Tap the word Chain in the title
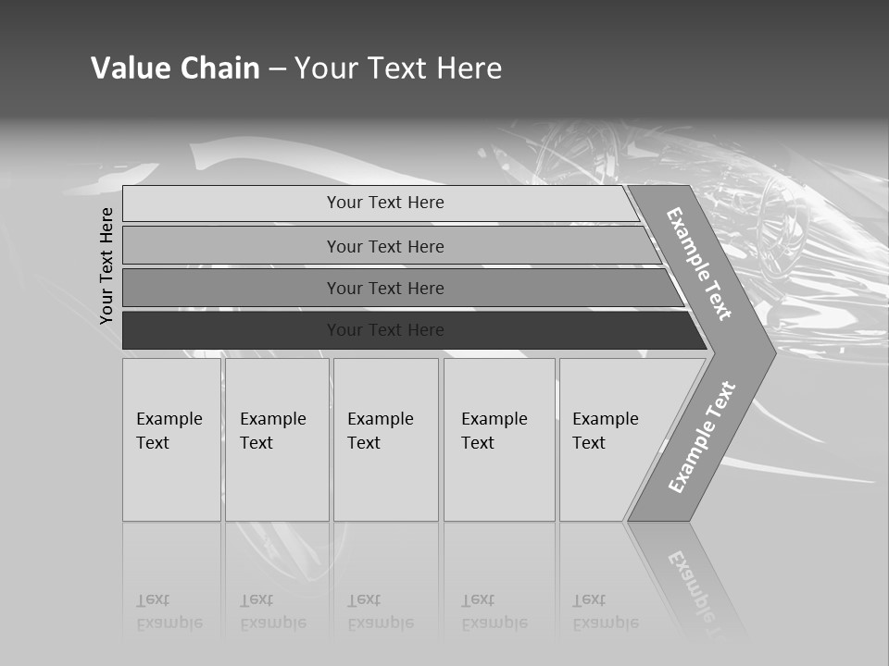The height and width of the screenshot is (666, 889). click(x=219, y=68)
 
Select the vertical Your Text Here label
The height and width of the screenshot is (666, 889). click(x=106, y=265)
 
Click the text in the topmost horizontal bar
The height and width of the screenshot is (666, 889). click(x=385, y=203)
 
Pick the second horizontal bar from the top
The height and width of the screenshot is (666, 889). click(x=385, y=246)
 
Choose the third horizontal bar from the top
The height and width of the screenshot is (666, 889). click(x=385, y=288)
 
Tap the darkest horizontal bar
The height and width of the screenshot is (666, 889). click(x=385, y=330)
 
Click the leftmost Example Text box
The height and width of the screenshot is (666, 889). click(x=171, y=439)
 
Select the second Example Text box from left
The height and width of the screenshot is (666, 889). click(x=276, y=439)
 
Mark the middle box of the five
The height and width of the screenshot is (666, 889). click(x=385, y=439)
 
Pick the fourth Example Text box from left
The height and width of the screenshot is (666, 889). click(x=498, y=439)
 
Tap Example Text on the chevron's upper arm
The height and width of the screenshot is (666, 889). click(x=699, y=264)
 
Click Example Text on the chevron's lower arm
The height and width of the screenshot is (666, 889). click(x=701, y=438)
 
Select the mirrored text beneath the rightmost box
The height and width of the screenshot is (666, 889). click(x=606, y=612)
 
